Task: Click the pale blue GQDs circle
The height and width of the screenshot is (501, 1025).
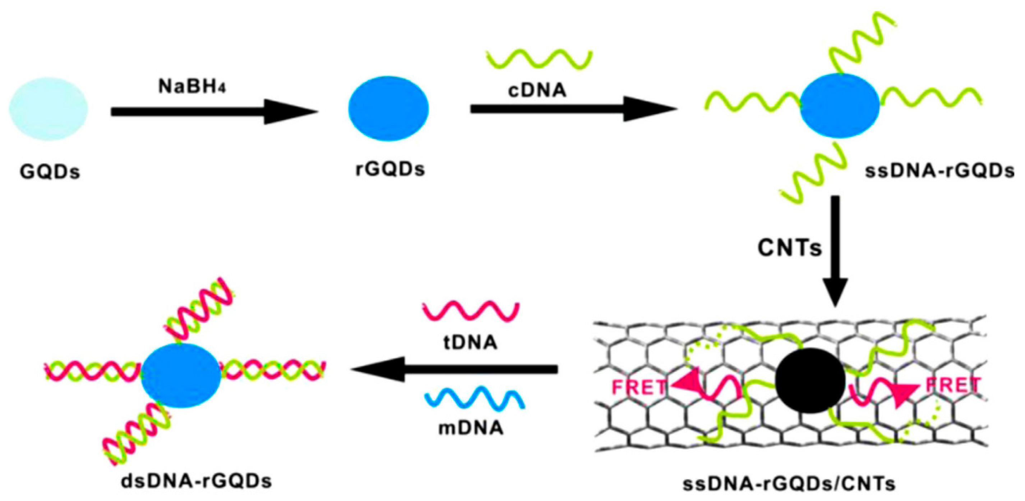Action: (x=49, y=108)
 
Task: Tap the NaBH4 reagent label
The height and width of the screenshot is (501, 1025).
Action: (x=192, y=86)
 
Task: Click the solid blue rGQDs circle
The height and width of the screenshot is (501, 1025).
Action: (x=388, y=108)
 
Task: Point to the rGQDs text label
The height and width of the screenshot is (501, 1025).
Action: (x=390, y=169)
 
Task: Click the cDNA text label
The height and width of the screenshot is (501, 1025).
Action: (x=537, y=90)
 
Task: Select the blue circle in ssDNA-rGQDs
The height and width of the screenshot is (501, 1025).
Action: (x=840, y=105)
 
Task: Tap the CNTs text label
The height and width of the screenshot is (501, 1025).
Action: (x=790, y=248)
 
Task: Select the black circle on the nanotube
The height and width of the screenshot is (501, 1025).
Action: (x=811, y=380)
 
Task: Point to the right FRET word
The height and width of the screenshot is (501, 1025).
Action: (x=954, y=385)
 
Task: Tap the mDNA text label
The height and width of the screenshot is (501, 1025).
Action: (x=471, y=428)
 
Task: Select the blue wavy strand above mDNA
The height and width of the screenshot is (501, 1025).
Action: (x=474, y=398)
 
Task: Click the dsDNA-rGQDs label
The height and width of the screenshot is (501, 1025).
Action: (x=197, y=481)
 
